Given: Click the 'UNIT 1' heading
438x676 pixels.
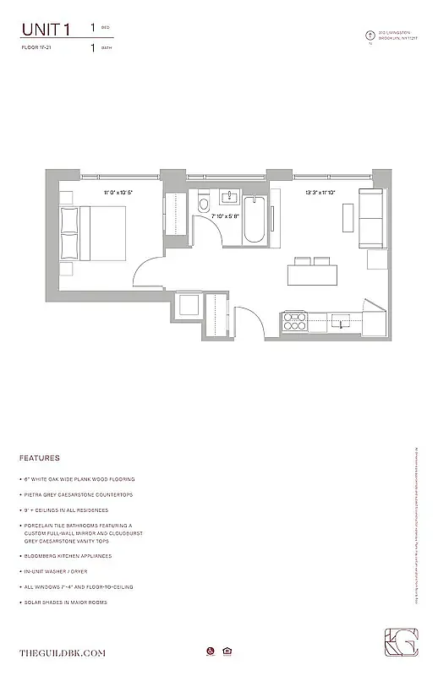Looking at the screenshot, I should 47,30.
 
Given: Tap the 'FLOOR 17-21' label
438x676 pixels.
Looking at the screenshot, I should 38,48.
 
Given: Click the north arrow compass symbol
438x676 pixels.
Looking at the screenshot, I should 370,35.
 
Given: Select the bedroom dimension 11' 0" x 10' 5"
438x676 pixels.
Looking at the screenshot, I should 118,193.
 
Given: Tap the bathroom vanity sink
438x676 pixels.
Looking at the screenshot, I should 229,199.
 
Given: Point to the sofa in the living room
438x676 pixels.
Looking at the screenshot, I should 371,216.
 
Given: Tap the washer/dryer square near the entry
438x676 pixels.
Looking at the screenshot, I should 188,305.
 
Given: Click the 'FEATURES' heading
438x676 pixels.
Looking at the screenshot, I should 39,458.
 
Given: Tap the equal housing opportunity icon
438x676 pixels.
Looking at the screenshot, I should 227,651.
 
